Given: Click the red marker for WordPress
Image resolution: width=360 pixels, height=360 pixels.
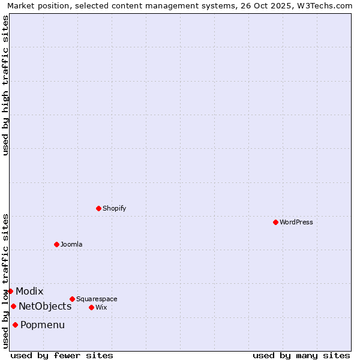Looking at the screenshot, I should [275, 222].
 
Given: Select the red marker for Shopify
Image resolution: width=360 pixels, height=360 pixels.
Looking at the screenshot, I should [98, 208].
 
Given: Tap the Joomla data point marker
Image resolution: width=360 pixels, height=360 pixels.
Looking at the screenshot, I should [56, 244].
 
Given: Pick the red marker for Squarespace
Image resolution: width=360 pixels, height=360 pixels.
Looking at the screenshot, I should [72, 299].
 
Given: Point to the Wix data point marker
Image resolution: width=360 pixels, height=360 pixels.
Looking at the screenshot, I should [91, 307].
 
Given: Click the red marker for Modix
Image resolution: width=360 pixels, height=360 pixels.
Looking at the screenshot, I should [10, 291].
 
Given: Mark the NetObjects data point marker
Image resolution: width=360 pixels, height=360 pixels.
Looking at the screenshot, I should [13, 306].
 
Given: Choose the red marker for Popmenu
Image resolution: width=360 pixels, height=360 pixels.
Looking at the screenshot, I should [15, 325].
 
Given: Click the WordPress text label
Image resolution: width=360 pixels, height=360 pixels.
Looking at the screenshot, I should [296, 223].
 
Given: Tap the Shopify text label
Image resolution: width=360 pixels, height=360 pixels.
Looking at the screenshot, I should [114, 209].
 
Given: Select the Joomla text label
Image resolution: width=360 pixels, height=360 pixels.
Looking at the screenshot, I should [71, 245].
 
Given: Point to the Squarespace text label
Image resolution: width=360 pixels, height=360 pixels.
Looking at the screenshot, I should [97, 299].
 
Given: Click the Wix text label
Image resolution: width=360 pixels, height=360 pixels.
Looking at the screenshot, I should [101, 308].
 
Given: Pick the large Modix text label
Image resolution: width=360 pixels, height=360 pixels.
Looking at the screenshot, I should [29, 292].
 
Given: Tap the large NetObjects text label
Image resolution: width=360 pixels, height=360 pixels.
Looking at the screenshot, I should [45, 307].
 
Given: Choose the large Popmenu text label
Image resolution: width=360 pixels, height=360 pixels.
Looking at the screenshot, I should [43, 325].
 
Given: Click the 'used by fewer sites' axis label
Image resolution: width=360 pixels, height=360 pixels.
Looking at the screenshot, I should [62, 355].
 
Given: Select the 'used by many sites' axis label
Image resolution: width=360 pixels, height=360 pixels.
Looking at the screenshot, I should [301, 355].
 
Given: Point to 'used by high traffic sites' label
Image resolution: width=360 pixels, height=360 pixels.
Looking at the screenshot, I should [5, 85].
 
